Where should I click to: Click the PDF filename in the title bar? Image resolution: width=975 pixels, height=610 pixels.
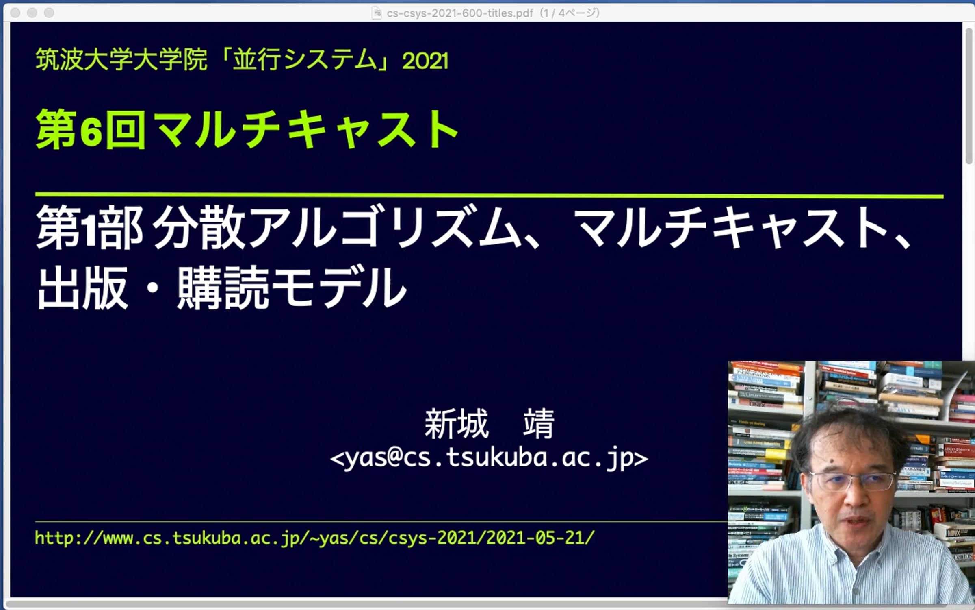click(x=459, y=13)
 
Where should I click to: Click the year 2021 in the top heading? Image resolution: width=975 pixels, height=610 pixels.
click(x=425, y=61)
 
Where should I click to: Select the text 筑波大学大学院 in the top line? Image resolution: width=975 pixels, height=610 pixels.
click(x=121, y=59)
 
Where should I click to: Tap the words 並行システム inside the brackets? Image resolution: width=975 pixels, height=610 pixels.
click(x=305, y=59)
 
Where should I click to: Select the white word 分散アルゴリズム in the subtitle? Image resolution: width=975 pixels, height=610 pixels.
click(x=337, y=227)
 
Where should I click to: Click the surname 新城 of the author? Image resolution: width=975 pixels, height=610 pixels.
click(x=456, y=424)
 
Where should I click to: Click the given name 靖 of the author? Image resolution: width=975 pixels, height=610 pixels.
click(x=539, y=424)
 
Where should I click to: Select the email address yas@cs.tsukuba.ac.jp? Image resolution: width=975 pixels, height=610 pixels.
click(x=489, y=458)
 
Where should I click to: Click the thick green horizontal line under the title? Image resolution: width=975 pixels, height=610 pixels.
click(x=489, y=196)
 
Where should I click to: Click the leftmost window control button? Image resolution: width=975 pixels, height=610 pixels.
click(x=15, y=13)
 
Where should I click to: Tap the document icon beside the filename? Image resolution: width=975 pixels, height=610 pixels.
click(x=377, y=13)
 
